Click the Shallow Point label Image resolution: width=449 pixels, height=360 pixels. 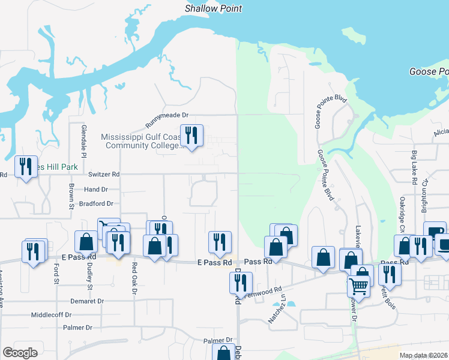point(213,8)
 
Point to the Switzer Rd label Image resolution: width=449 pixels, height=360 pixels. point(104,175)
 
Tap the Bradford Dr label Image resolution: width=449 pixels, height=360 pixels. point(96,204)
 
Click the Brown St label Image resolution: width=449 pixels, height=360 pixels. point(71,196)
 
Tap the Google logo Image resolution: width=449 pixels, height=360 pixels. point(20,353)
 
